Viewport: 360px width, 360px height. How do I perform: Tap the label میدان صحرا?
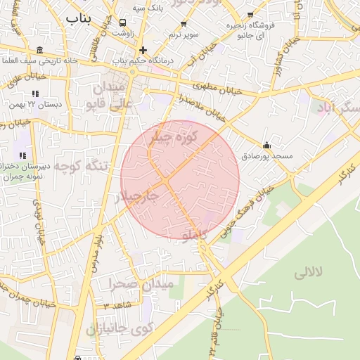141,285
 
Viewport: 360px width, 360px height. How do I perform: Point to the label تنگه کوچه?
82,167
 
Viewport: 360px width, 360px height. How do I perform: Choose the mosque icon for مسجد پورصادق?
266,146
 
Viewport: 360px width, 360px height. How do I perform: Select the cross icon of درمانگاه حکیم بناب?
143,50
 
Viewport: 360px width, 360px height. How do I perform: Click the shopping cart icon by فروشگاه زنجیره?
250,15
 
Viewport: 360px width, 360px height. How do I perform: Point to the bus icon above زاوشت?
124,22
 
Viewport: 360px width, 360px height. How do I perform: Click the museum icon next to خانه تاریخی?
39,50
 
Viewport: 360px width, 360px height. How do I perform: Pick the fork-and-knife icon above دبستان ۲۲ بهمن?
35,94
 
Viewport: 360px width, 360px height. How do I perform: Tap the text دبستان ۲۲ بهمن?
35,104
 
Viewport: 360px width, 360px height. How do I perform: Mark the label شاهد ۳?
116,307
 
